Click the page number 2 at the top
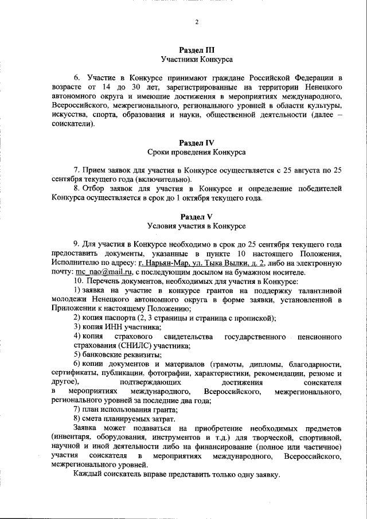(x=196, y=22)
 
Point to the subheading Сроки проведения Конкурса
(x=196, y=152)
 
